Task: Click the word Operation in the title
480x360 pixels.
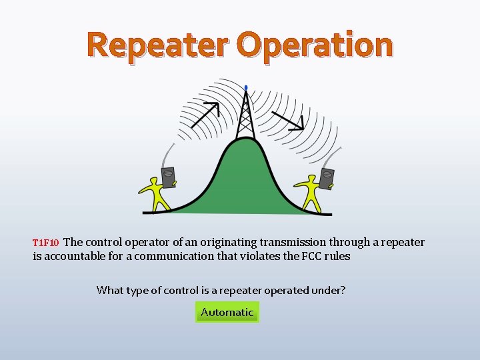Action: pos(315,45)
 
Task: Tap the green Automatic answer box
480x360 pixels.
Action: pos(227,312)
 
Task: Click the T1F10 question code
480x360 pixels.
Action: pos(46,243)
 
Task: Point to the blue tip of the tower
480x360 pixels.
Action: pos(246,87)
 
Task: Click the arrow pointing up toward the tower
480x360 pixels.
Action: pos(205,115)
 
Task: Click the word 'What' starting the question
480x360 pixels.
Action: pos(109,290)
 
